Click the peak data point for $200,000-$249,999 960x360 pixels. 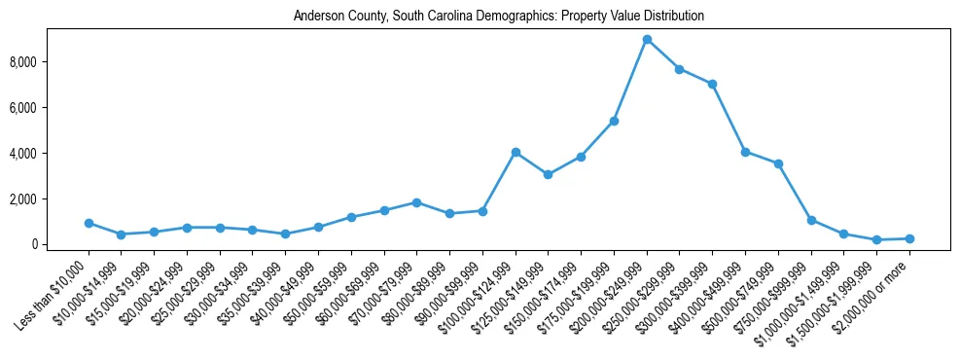point(647,40)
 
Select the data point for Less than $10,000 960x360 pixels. point(89,223)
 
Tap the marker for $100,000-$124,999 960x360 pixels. point(516,152)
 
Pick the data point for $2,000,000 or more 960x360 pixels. point(909,238)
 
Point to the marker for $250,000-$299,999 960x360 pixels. point(680,69)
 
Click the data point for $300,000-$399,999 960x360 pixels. point(713,84)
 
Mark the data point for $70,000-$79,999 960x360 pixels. point(416,202)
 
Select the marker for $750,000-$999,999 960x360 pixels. point(811,220)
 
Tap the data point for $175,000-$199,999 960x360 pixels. point(614,121)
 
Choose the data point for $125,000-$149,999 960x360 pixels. point(549,174)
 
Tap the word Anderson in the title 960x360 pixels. point(317,17)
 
